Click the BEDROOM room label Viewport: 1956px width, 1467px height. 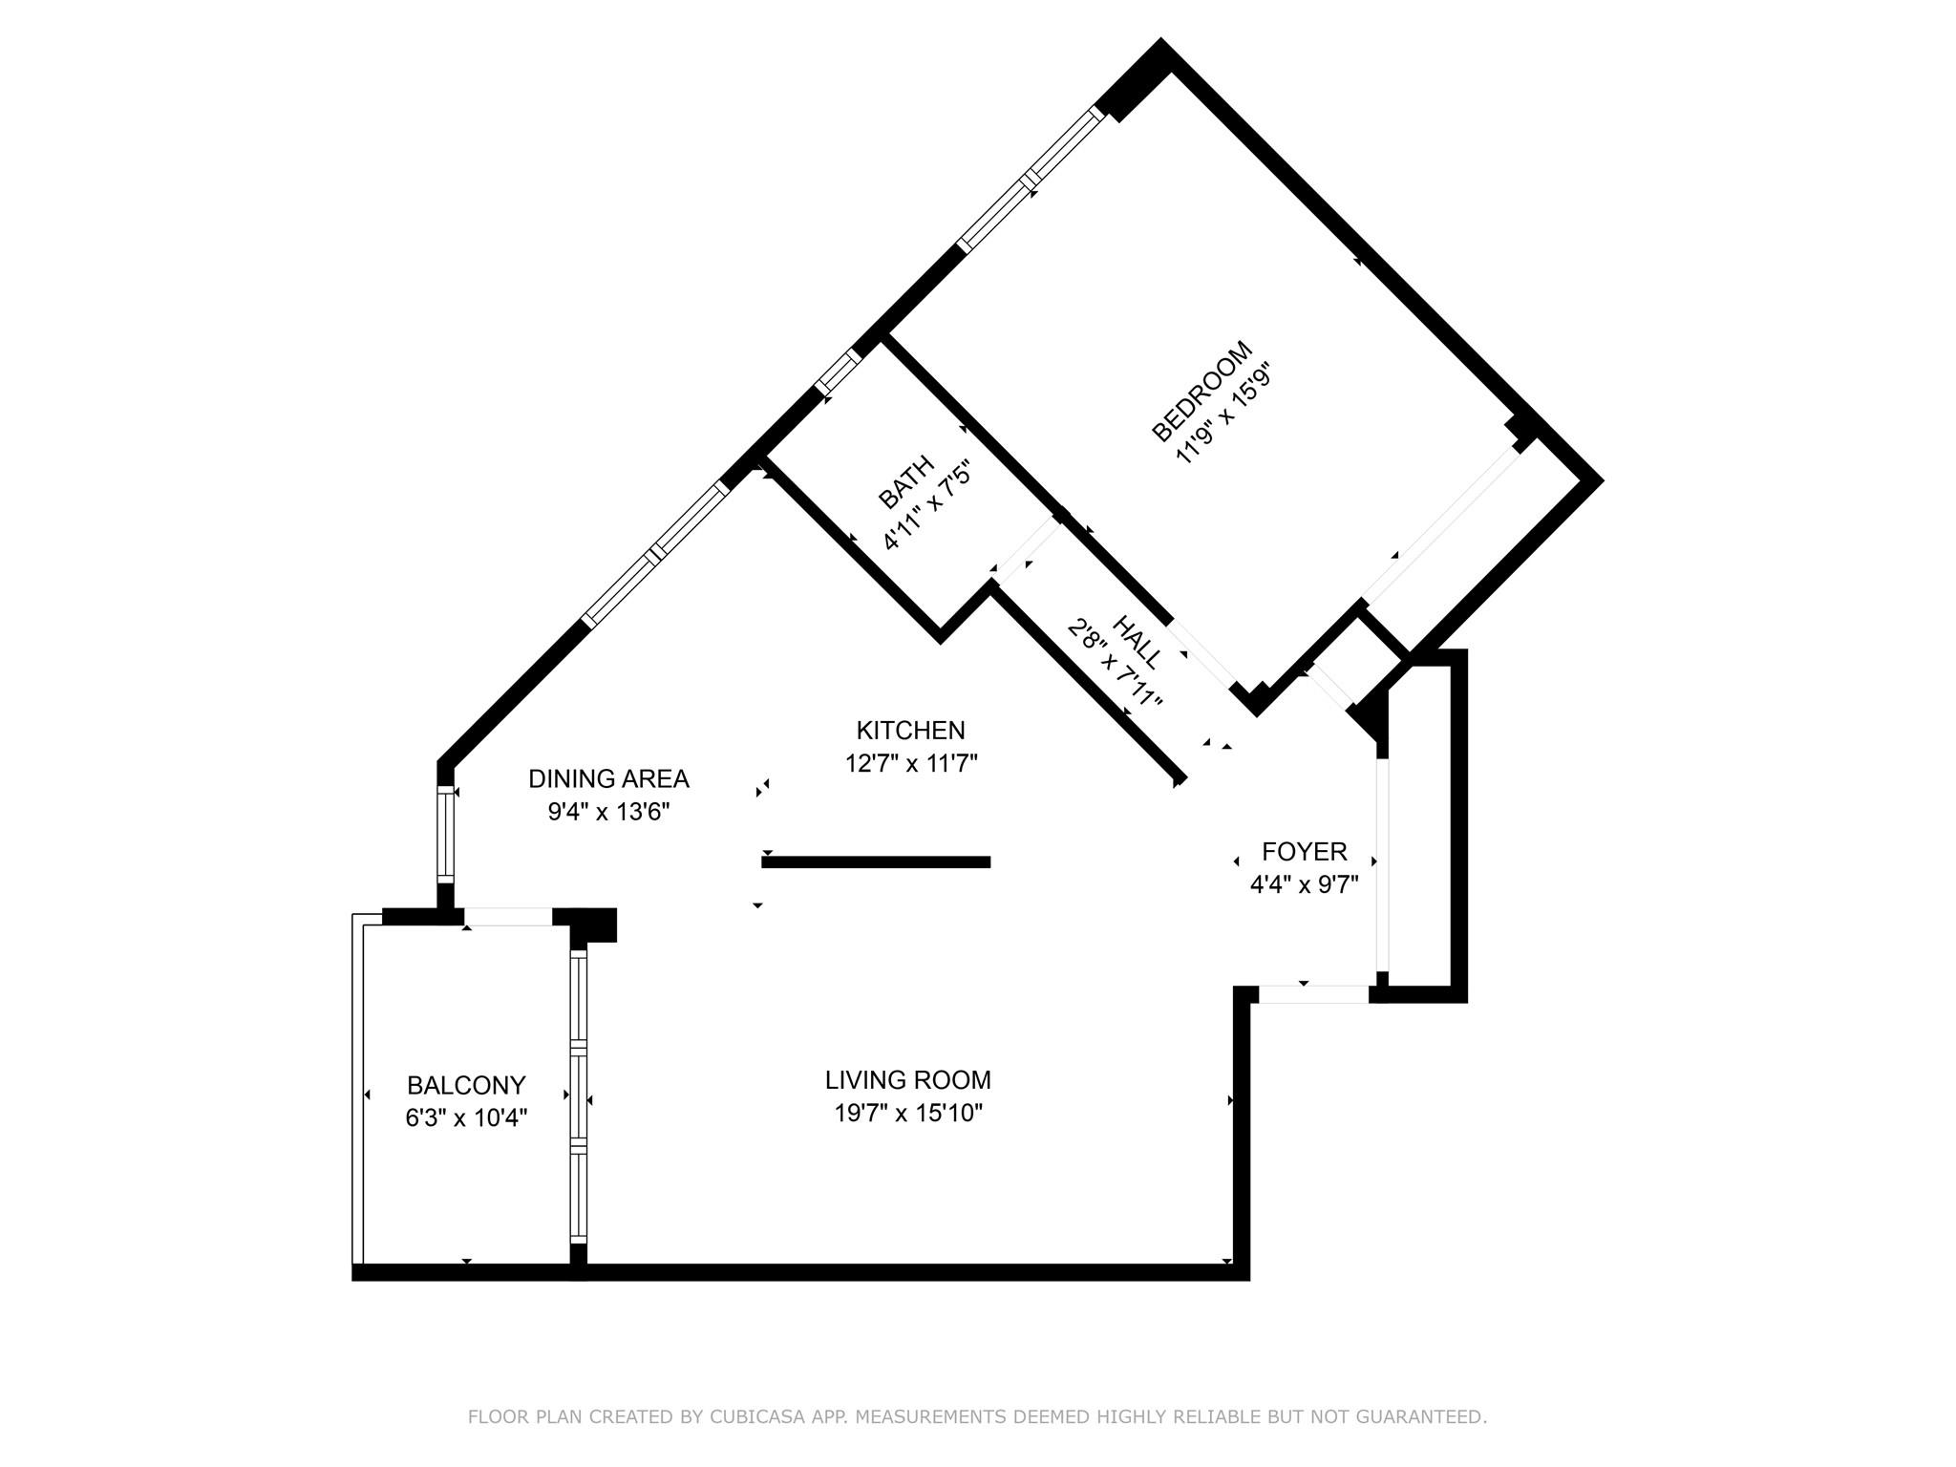[1201, 392]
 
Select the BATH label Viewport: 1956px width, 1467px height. [906, 483]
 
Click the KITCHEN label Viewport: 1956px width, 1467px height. [910, 731]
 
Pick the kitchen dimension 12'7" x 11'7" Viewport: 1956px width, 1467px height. [911, 764]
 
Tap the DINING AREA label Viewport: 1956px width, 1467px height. [608, 779]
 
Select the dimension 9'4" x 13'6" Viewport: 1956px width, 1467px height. [608, 813]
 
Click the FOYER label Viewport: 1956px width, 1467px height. [1304, 851]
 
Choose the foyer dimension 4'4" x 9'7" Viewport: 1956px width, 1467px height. [1304, 884]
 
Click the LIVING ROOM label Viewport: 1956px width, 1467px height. [907, 1080]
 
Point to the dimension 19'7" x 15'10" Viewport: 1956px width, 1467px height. [907, 1114]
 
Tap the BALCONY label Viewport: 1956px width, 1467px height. [466, 1086]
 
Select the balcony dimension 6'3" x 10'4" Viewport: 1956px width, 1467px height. [466, 1118]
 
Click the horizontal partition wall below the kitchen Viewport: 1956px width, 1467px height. [875, 862]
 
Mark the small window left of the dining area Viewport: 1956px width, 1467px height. [445, 833]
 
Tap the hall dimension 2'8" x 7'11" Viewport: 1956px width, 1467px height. [1115, 665]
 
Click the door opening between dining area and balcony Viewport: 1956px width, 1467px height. [508, 917]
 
